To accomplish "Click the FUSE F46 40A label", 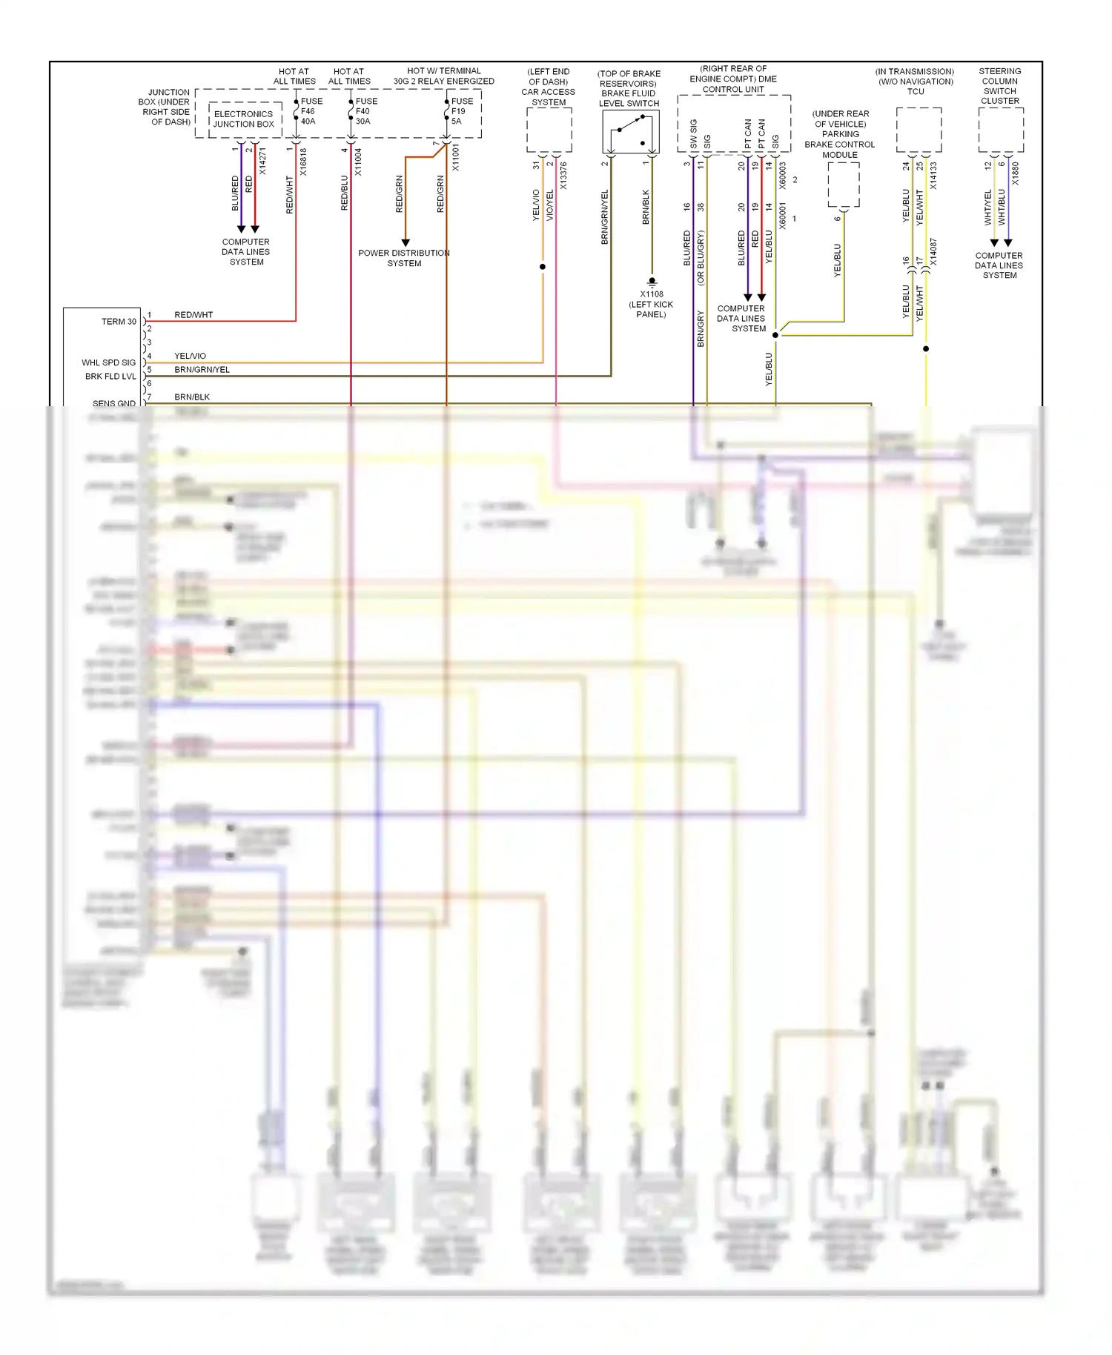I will point(311,111).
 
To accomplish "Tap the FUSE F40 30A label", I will point(365,111).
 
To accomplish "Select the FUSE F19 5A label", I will point(461,111).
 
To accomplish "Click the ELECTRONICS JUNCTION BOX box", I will point(244,119).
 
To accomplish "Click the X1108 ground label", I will point(652,294).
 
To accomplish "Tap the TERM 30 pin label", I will point(119,322).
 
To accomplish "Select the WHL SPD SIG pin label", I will point(109,362).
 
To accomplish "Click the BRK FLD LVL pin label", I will point(110,377).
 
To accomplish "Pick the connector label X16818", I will point(303,162).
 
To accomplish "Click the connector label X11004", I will point(358,162).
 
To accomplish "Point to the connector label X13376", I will point(563,176).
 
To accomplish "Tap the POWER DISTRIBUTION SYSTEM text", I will point(404,258).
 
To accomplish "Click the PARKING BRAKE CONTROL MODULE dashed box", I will point(844,185).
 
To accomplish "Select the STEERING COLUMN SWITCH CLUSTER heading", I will point(1000,86).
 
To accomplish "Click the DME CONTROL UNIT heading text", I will point(733,79).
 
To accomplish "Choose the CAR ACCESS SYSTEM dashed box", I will point(549,130).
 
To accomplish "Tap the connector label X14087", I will point(933,252).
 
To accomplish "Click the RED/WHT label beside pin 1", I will point(193,315).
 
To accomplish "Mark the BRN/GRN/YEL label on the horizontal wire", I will point(202,370).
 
